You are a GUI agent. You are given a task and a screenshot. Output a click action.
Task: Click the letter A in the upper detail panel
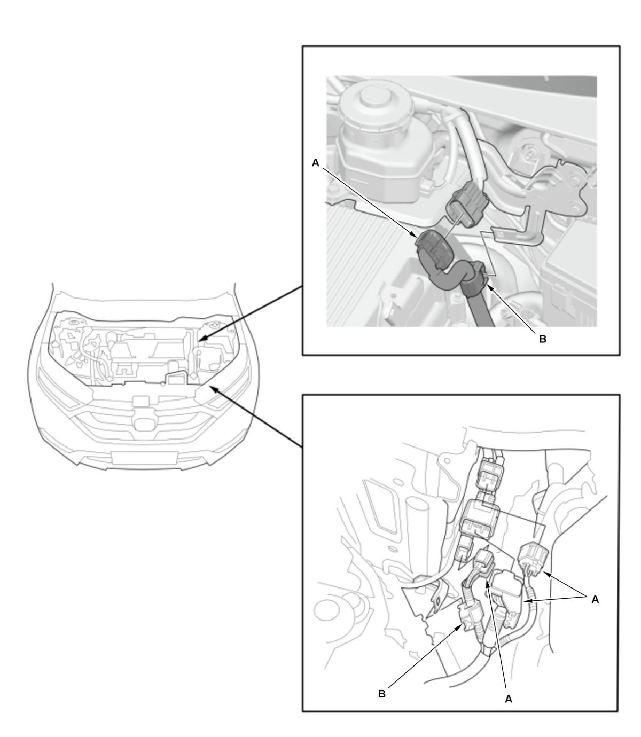click(x=315, y=163)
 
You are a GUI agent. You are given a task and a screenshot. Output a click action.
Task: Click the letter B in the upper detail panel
click(x=542, y=339)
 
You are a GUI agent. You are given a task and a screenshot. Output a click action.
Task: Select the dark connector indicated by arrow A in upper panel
click(x=433, y=250)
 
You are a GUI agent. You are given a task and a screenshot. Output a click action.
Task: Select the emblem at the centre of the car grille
click(x=143, y=424)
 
